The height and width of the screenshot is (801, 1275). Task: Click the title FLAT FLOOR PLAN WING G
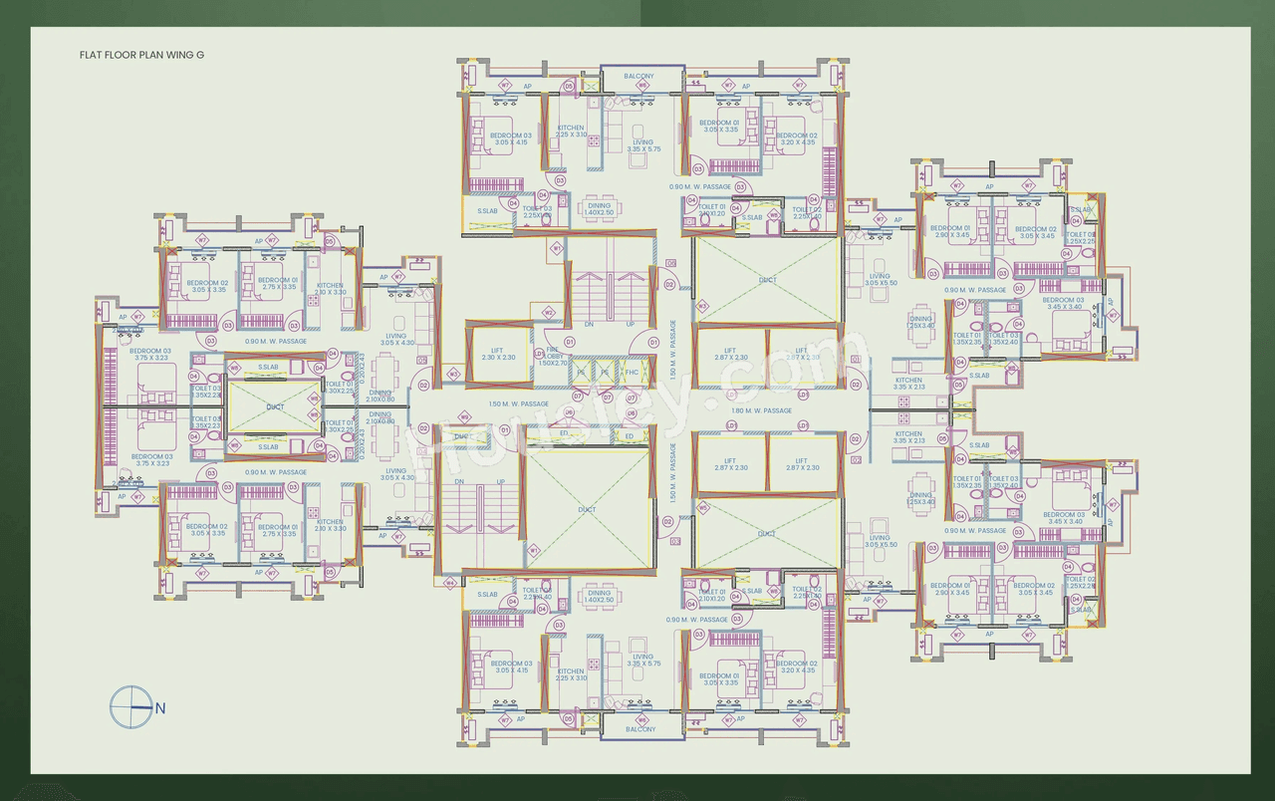point(141,57)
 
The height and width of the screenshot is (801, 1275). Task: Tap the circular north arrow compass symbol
point(128,706)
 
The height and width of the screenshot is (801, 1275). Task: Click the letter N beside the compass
point(159,707)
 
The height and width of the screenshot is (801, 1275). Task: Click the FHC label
point(631,373)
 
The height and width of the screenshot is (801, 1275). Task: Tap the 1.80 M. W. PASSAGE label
point(761,410)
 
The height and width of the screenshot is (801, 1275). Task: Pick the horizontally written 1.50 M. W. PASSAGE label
point(518,403)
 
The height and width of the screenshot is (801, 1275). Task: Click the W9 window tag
point(453,375)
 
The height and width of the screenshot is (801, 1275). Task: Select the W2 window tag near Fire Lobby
point(548,313)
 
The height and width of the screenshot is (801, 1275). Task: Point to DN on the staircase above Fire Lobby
point(589,325)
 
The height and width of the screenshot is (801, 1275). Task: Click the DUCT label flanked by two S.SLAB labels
point(275,406)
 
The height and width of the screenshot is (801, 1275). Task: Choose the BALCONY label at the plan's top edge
point(638,76)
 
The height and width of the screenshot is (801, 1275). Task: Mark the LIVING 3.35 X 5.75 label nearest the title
point(643,145)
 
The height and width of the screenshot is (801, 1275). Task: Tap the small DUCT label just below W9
point(460,436)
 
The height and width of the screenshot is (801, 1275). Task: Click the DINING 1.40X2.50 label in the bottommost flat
point(598,597)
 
